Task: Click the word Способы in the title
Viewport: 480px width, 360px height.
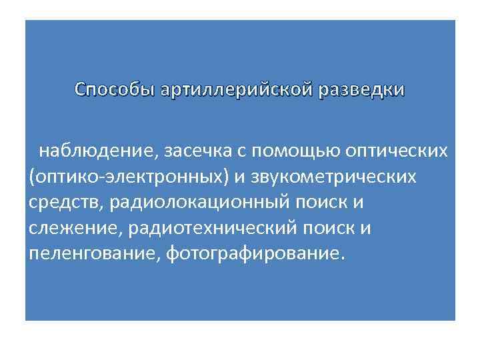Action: click(x=114, y=89)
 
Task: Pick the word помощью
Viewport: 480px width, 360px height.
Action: click(x=298, y=152)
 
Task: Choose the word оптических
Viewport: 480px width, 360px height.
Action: click(x=396, y=152)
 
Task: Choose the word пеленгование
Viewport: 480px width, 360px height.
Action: click(x=89, y=253)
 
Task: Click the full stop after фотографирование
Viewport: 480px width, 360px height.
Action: click(x=344, y=259)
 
